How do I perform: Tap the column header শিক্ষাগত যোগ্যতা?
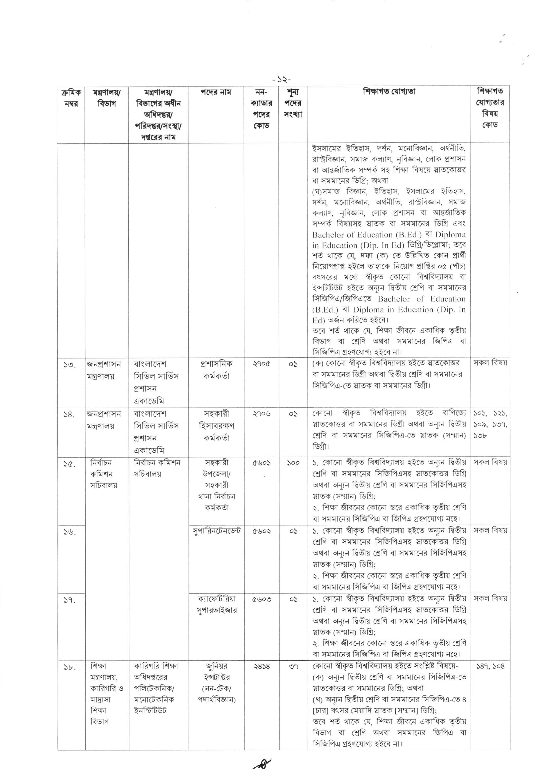coord(389,92)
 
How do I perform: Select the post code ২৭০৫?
coord(261,364)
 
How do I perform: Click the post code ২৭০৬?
coord(261,414)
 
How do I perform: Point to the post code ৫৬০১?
coord(261,463)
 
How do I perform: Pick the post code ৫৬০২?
coord(261,531)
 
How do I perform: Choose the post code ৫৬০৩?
coord(261,599)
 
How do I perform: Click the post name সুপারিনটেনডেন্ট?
coord(216,531)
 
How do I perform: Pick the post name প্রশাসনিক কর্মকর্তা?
coord(216,370)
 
